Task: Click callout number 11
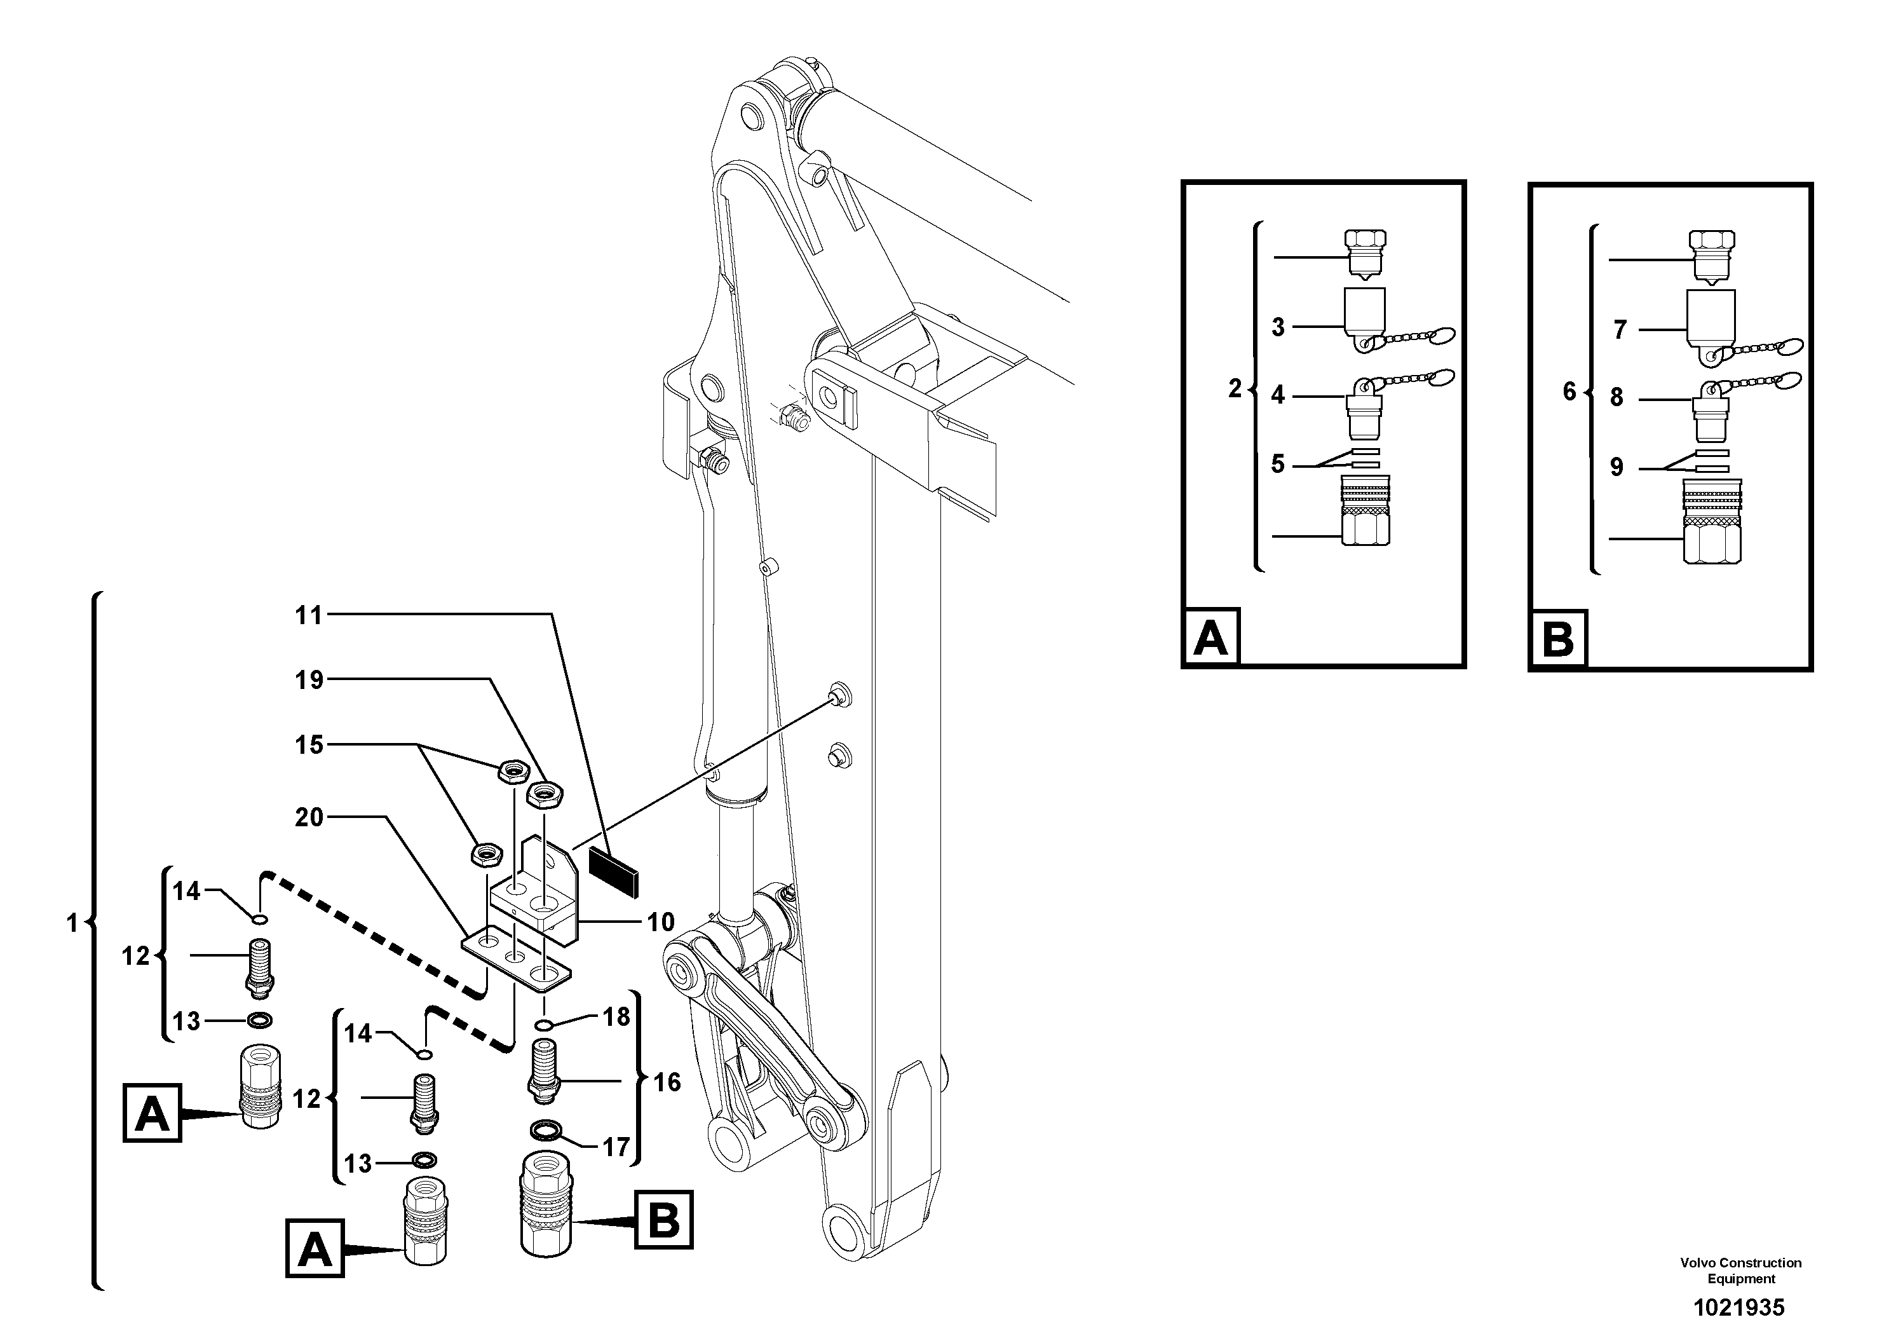(309, 615)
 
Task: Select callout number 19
(309, 680)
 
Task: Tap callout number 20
(309, 818)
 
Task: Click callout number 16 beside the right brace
(667, 1082)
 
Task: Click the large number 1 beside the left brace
(72, 924)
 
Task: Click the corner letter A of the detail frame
(1210, 637)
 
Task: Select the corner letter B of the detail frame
(1557, 640)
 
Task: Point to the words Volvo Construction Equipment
(1740, 1270)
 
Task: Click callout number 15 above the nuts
(309, 746)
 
